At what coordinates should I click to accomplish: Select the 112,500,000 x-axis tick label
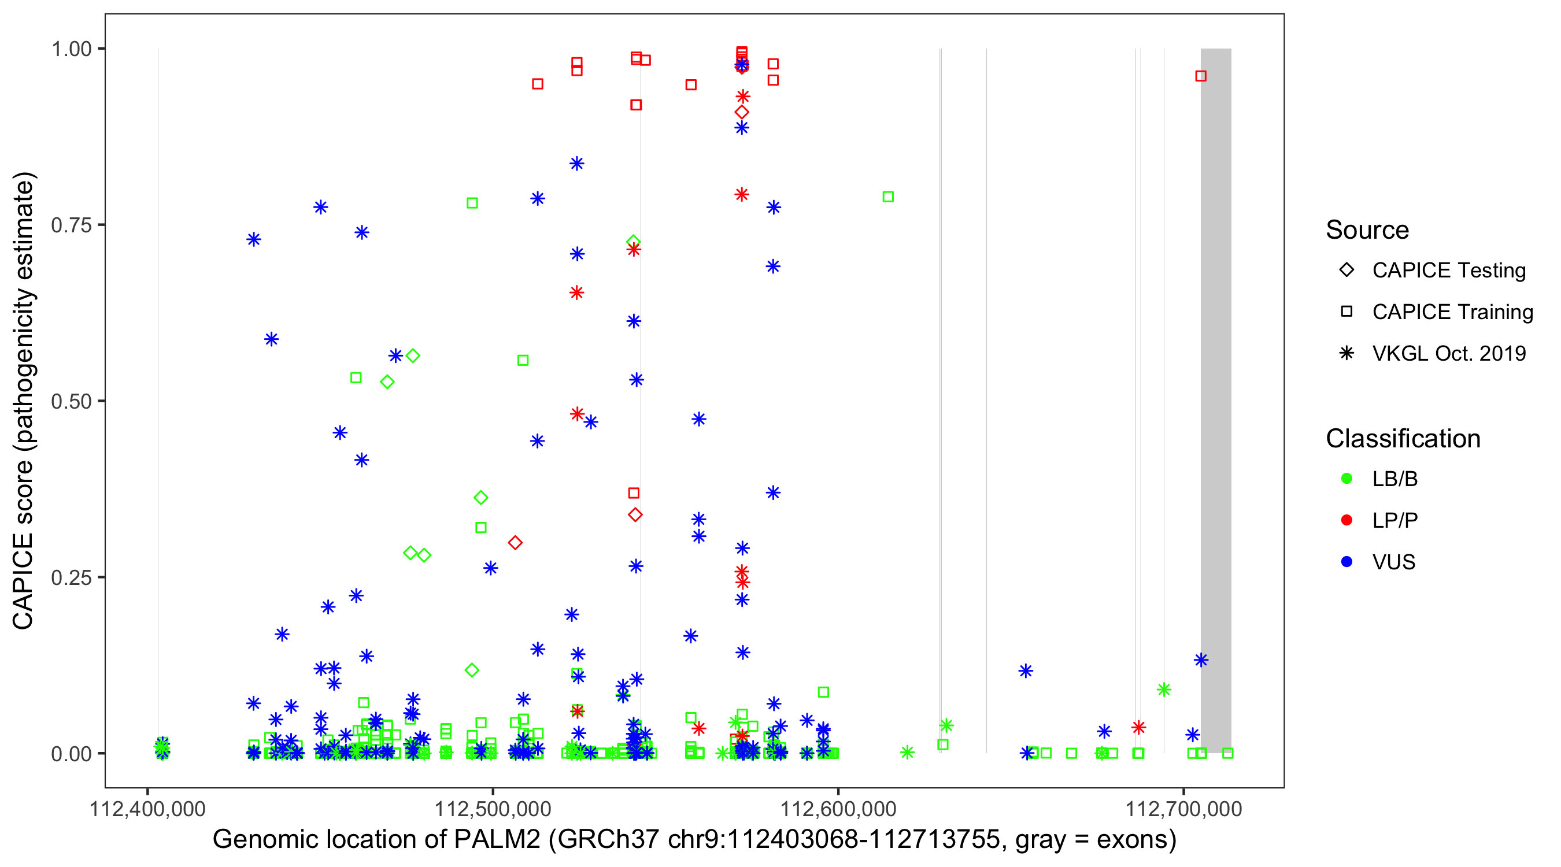click(x=493, y=809)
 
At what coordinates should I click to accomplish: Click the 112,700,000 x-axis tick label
click(x=1183, y=809)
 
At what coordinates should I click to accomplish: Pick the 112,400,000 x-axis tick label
click(x=147, y=809)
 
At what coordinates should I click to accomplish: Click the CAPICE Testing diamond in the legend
click(x=1347, y=271)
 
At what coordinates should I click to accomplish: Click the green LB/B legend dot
click(x=1347, y=479)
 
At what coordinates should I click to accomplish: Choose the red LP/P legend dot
click(x=1347, y=520)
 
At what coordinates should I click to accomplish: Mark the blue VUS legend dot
click(x=1347, y=562)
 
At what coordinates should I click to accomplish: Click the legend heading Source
click(x=1367, y=230)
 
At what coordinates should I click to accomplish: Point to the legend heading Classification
click(x=1402, y=439)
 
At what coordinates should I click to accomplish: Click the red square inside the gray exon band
click(x=1200, y=76)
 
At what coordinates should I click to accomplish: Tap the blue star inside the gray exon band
click(x=1201, y=660)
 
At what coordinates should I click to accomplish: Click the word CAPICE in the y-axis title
click(x=23, y=581)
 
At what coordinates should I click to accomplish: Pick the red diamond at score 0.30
click(x=515, y=543)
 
